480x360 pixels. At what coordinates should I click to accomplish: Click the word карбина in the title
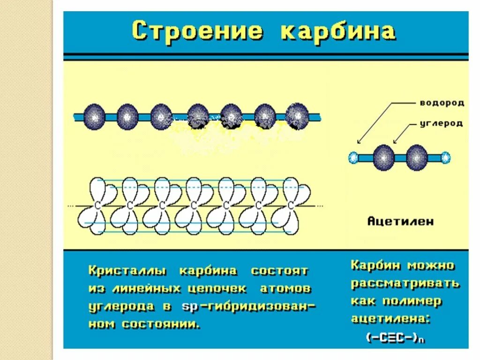coord(337,31)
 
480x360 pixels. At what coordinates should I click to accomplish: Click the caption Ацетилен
coord(400,221)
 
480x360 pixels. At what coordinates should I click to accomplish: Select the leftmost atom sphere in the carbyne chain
coord(95,117)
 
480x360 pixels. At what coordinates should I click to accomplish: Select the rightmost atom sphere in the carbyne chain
coord(297,116)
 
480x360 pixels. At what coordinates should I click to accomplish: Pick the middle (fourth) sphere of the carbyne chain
coord(198,117)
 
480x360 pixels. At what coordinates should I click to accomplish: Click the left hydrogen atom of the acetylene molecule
coord(353,158)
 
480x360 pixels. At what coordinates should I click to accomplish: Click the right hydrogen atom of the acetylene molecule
coord(445,158)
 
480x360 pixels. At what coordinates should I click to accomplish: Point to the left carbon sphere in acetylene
coord(383,157)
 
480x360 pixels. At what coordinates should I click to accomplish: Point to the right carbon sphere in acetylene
coord(416,157)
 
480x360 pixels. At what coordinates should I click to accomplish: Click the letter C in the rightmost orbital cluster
coord(291,206)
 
